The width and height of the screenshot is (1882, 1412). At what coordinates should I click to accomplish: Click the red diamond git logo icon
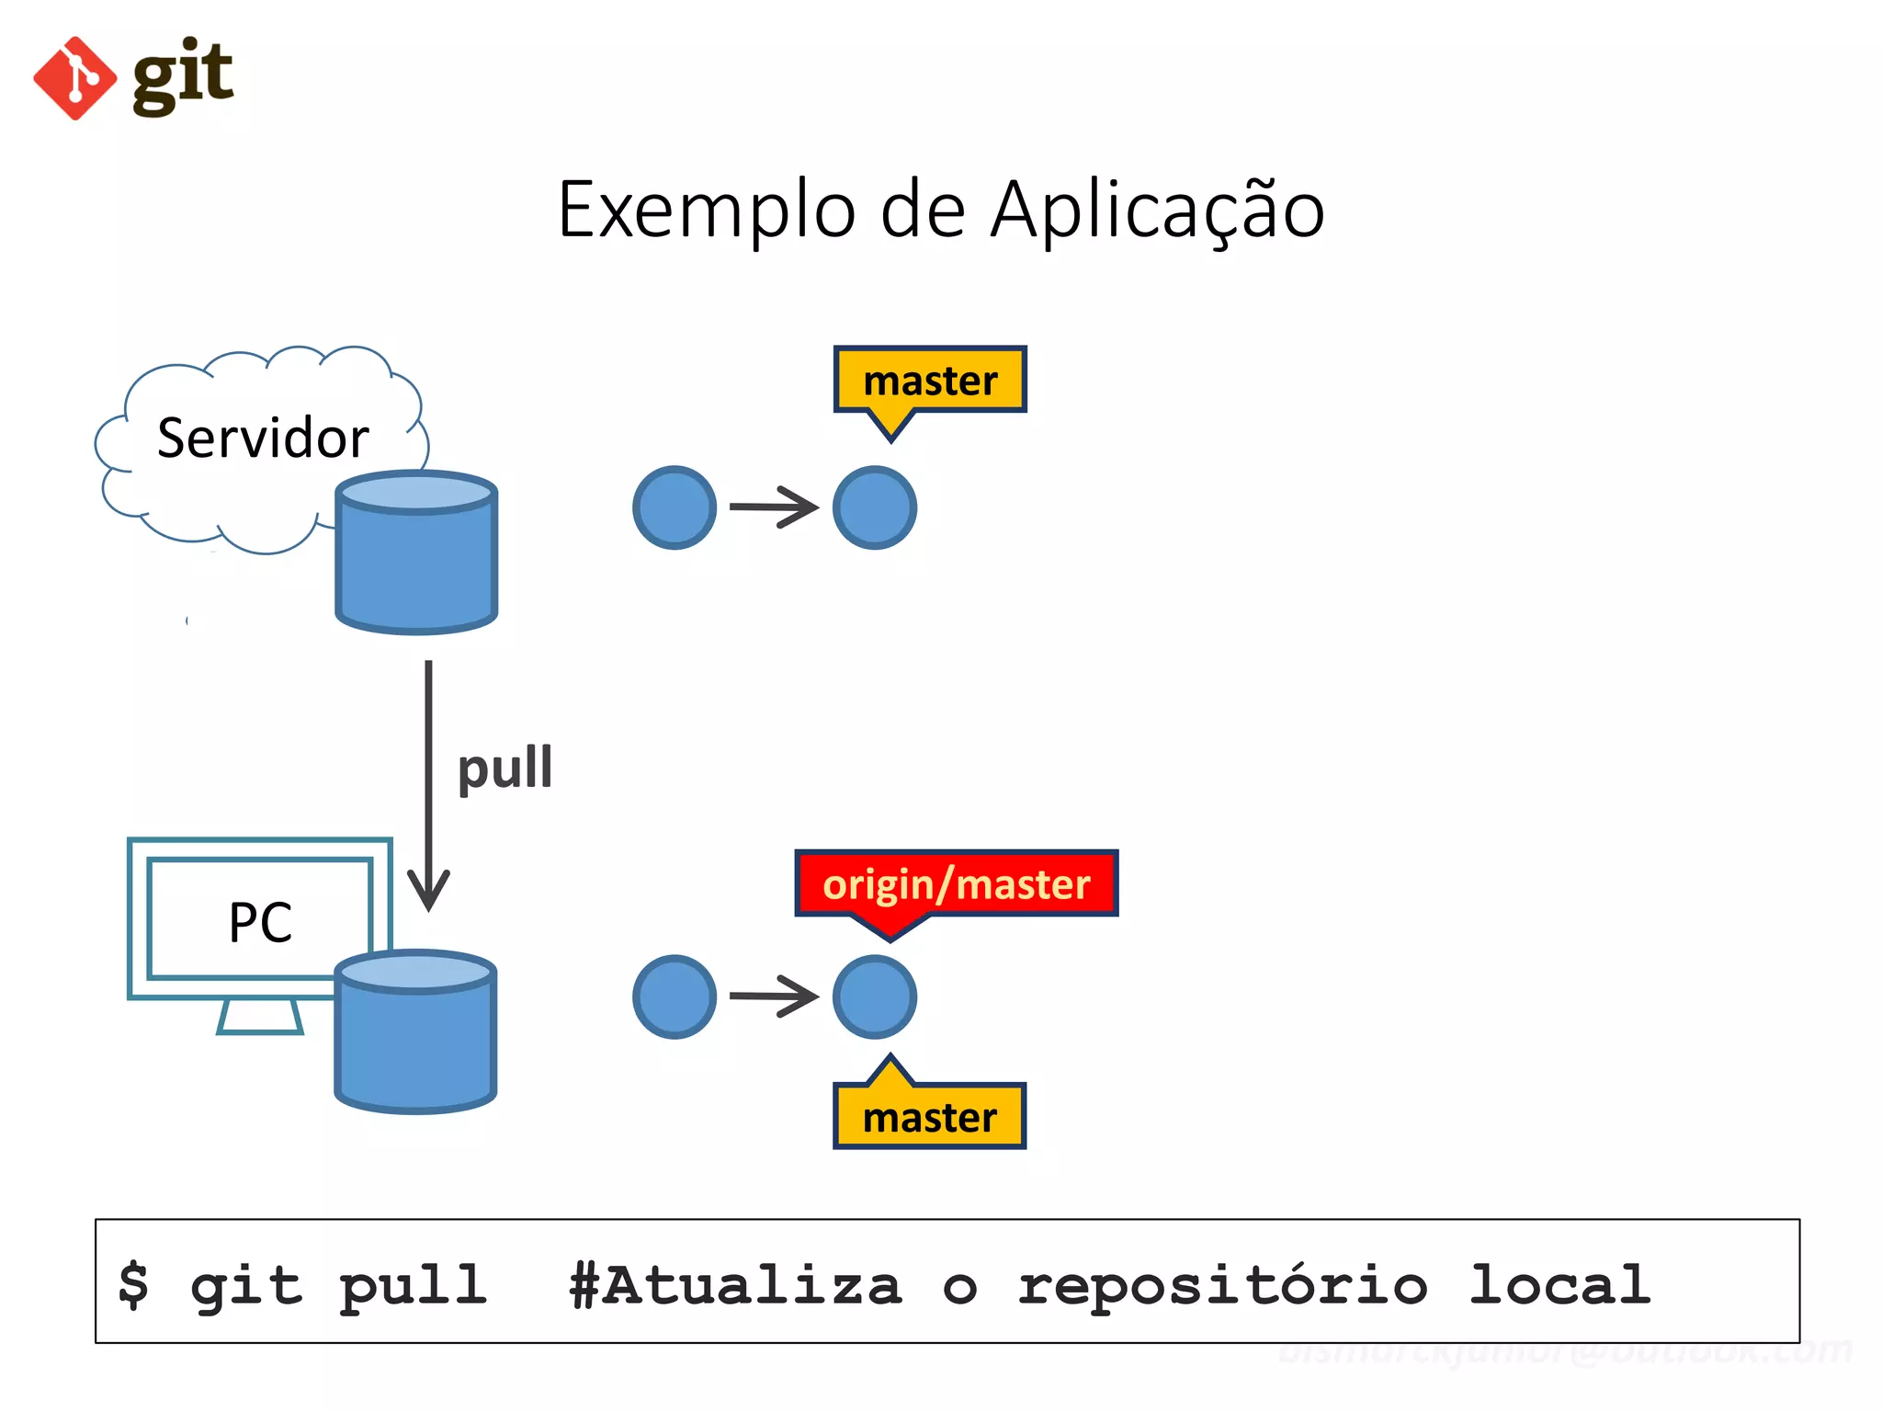click(75, 78)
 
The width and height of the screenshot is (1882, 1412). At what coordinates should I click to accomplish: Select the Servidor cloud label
click(262, 438)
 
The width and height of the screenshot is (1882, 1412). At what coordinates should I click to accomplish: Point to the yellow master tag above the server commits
click(929, 380)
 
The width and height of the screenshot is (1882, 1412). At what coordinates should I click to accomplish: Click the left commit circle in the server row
click(675, 507)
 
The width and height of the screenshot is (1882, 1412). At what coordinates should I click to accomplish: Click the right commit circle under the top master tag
click(874, 507)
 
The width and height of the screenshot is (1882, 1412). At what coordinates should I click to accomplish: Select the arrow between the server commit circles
click(774, 507)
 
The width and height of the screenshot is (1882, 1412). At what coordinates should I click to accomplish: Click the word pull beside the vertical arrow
click(505, 769)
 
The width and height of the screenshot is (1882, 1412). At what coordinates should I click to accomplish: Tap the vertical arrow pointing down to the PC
click(428, 781)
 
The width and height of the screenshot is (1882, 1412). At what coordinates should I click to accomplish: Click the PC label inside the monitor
click(260, 922)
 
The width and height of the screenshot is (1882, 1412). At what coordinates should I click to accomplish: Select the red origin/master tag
click(956, 883)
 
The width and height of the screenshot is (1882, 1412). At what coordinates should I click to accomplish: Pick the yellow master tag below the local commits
click(929, 1117)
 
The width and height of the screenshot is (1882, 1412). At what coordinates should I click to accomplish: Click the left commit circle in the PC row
click(675, 996)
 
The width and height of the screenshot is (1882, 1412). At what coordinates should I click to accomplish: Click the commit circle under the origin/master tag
click(874, 996)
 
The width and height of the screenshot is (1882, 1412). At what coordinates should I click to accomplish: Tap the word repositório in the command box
click(1222, 1285)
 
